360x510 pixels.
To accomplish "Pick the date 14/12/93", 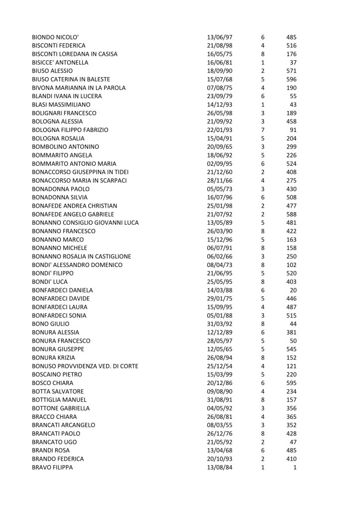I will (219, 105).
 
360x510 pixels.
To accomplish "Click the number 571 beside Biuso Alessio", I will (291, 71).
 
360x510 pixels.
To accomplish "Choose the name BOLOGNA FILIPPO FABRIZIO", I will (70, 130).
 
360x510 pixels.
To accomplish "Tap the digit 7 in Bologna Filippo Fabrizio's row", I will (262, 130).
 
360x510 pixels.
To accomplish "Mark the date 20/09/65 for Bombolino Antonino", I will (219, 147).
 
